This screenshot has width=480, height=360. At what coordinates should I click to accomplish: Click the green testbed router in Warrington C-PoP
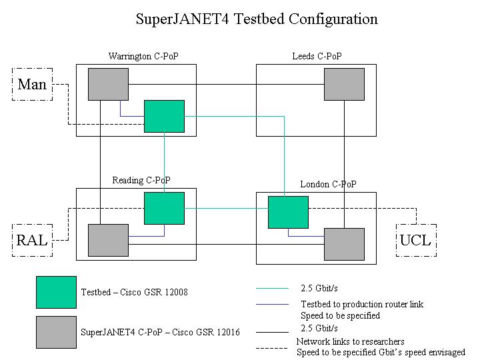tap(165, 116)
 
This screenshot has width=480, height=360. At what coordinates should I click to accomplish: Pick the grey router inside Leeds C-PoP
tap(345, 84)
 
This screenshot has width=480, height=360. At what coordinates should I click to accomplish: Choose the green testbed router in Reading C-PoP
tap(165, 208)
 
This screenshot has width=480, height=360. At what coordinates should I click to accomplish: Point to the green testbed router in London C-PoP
tap(289, 212)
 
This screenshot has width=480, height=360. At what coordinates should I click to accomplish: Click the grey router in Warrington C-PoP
tap(109, 84)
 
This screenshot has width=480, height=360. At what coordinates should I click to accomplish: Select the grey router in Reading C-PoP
tap(109, 240)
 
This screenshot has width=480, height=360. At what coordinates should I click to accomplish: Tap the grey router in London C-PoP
tap(345, 244)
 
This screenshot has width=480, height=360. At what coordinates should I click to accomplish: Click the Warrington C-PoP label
tap(143, 56)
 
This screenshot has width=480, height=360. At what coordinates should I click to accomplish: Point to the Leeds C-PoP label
tap(317, 56)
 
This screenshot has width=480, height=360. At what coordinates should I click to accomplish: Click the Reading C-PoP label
tap(141, 180)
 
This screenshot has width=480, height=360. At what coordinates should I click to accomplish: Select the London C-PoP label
tap(328, 184)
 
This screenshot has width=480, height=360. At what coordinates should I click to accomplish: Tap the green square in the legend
tap(56, 293)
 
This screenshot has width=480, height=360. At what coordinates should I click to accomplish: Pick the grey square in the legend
tap(56, 332)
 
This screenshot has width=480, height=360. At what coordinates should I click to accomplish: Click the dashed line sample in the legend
tap(272, 348)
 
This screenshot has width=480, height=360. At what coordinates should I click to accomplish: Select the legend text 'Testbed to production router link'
tap(362, 304)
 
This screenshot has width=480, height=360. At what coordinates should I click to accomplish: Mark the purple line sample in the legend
tap(272, 304)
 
